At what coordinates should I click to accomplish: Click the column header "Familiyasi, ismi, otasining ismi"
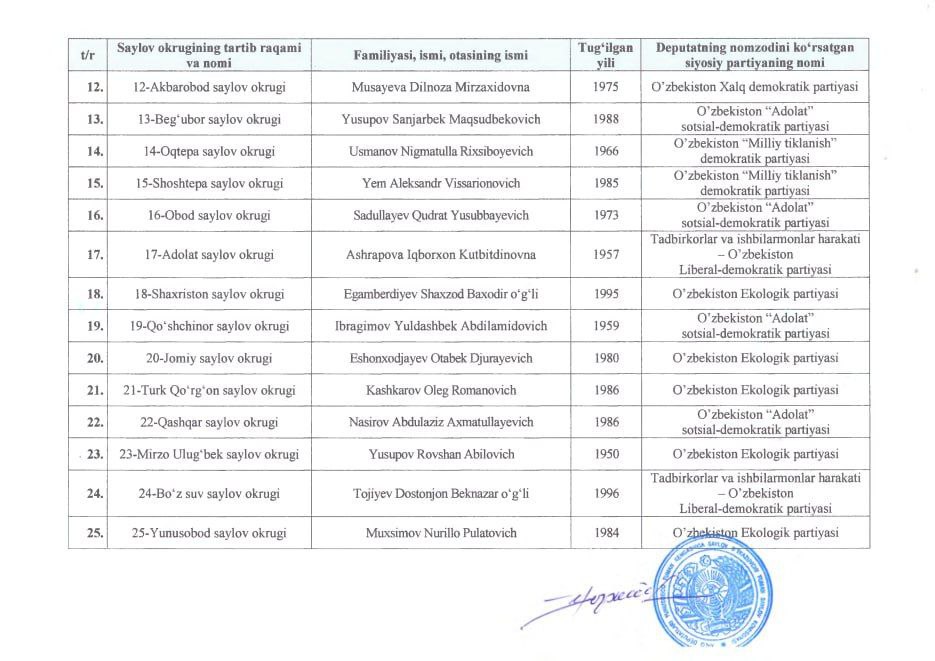(438, 56)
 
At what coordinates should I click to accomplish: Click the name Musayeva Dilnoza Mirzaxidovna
(438, 88)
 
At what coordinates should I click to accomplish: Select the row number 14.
(96, 151)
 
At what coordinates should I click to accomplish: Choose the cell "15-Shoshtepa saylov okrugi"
(209, 184)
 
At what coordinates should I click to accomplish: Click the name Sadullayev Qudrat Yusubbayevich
(438, 216)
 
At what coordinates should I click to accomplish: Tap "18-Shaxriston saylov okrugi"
(209, 294)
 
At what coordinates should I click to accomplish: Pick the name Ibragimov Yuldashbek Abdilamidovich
(438, 326)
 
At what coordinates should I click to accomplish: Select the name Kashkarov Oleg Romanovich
(438, 389)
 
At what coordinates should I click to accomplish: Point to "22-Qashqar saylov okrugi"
(209, 422)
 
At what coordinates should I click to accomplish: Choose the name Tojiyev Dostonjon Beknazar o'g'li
(438, 493)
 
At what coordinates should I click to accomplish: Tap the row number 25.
(96, 532)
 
